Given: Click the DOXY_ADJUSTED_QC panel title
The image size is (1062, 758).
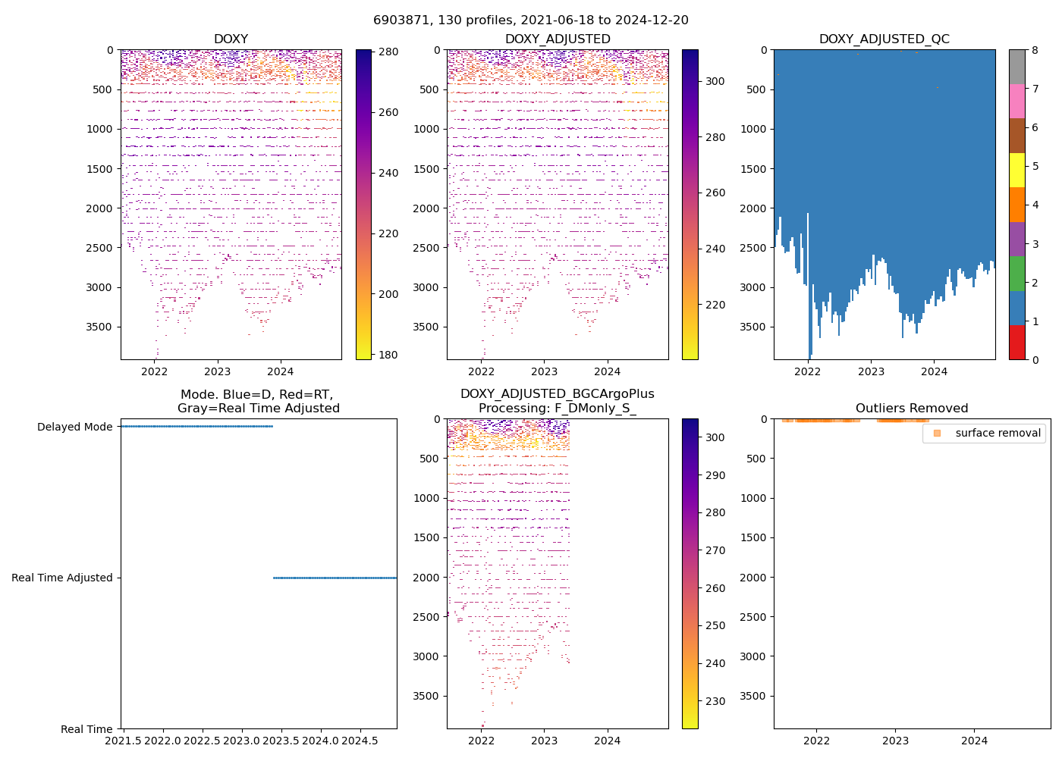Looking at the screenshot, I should click(884, 39).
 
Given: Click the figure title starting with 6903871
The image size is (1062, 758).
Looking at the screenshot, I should click(531, 20).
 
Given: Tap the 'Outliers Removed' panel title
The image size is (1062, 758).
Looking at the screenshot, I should click(912, 408).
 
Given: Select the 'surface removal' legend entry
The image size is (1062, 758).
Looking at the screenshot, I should click(984, 433).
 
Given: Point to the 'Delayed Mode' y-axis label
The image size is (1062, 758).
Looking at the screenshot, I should click(74, 427).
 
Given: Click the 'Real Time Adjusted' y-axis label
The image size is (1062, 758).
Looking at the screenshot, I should click(61, 578).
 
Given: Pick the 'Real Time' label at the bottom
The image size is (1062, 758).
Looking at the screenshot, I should click(86, 729).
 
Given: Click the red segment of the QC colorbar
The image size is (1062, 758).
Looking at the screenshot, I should click(1016, 342).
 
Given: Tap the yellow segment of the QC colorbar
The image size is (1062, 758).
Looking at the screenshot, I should click(1016, 170).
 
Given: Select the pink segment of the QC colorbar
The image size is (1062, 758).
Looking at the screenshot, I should click(1016, 101).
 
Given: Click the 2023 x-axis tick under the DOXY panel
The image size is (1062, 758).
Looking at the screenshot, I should click(218, 371).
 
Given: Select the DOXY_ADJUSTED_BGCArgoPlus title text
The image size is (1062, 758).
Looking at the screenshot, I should click(557, 394).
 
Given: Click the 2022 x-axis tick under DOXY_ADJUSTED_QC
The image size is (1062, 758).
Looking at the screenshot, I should click(808, 371).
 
